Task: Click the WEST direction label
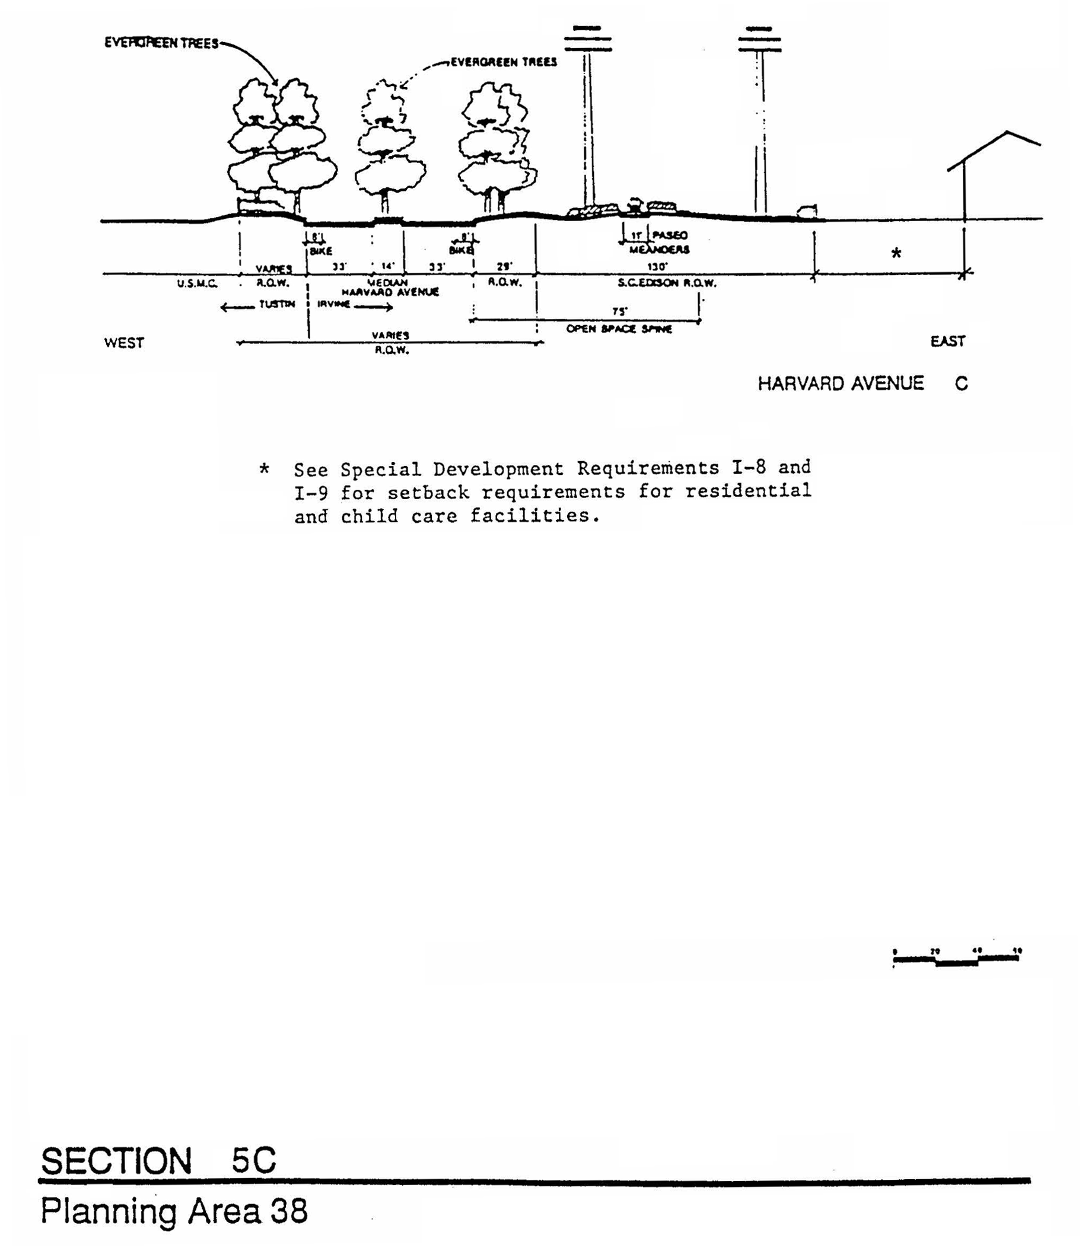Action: (x=124, y=343)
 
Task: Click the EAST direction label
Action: (x=947, y=341)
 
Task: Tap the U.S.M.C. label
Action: (x=197, y=283)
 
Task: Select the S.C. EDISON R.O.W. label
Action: (x=667, y=282)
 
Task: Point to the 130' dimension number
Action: (x=657, y=266)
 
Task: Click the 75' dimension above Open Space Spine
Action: (x=620, y=311)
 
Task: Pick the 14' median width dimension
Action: (x=387, y=266)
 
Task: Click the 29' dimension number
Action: (x=504, y=266)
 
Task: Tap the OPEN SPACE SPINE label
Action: (x=619, y=329)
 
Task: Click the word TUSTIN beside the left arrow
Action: (x=276, y=304)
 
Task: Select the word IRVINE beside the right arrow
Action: (x=333, y=304)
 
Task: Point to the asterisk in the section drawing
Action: (x=896, y=253)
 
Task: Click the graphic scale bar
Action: (x=956, y=959)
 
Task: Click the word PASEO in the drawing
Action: (x=670, y=235)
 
